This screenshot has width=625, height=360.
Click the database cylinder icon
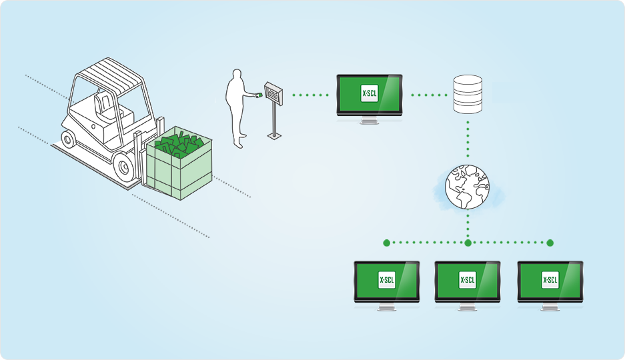pos(467,95)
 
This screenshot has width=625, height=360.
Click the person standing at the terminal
pos(237,107)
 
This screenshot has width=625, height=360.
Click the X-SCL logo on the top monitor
pos(369,94)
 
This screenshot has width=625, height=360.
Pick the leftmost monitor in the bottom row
pos(386,282)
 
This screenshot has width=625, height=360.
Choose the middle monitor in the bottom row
pos(468,282)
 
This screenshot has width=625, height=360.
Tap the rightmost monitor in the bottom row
pos(550,282)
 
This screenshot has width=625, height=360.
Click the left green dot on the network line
pos(386,243)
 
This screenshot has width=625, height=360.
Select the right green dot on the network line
pos(550,243)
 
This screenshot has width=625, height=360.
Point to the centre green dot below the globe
pos(468,243)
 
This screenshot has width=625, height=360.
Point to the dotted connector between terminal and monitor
pos(310,95)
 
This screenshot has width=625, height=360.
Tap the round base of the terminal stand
pos(273,136)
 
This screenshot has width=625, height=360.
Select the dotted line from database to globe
pos(468,140)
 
